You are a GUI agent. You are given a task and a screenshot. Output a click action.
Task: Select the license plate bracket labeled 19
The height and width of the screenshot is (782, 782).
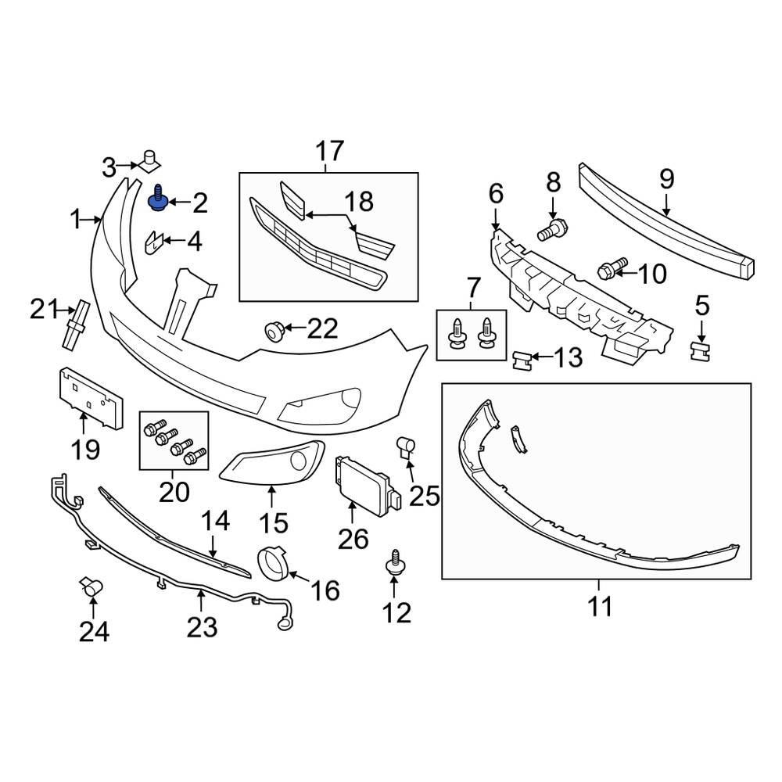coord(89,397)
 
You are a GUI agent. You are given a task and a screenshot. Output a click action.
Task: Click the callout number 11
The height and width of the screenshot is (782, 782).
coord(600,605)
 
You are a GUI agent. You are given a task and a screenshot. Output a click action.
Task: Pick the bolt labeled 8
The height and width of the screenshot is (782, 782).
coord(552,228)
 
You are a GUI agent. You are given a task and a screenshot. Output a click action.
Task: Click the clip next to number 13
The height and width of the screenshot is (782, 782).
coord(522,361)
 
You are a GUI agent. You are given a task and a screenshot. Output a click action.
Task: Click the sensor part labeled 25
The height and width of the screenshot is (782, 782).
coord(407,447)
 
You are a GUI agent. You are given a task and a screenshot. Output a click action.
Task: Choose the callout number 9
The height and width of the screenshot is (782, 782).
coord(666,180)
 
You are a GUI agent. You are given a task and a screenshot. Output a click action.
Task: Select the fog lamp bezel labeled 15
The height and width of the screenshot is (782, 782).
coord(274,465)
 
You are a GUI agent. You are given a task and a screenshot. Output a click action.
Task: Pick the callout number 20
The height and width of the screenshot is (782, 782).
coord(174,493)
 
